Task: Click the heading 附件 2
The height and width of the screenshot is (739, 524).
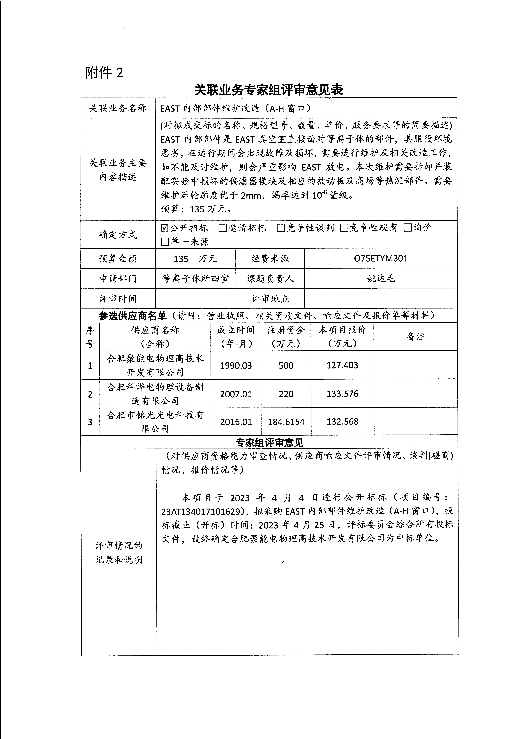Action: (x=104, y=73)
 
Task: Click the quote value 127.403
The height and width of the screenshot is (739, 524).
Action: (x=342, y=365)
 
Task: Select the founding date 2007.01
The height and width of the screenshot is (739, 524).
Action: (x=236, y=394)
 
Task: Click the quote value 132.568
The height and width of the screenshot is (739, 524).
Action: (x=342, y=422)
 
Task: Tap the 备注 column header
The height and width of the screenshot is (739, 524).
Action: (x=416, y=337)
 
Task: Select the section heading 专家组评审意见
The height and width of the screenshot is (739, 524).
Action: (x=269, y=442)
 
